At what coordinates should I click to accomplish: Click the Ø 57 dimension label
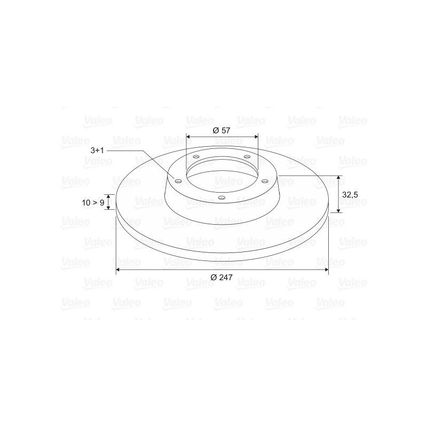(222, 130)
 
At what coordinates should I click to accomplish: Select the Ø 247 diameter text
(222, 277)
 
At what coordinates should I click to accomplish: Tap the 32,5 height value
(350, 195)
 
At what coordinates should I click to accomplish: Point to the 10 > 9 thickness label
(93, 203)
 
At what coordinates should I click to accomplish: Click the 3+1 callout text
(97, 151)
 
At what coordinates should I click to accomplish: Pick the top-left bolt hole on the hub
(196, 157)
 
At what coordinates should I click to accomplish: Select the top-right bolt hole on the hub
(247, 156)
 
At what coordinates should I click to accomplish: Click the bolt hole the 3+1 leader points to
(178, 181)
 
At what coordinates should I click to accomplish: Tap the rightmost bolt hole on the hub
(265, 181)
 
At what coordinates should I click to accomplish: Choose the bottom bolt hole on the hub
(222, 197)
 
